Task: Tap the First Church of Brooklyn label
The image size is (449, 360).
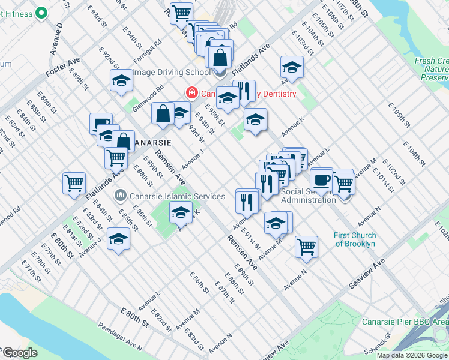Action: tap(355, 239)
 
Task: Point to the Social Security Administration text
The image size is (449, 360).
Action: tap(308, 196)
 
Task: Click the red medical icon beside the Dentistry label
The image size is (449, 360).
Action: tap(191, 93)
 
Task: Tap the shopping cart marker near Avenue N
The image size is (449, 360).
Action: tap(306, 246)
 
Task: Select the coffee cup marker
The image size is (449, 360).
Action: tap(322, 179)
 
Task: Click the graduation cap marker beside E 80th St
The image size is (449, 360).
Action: tap(118, 240)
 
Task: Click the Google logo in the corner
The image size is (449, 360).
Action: tap(20, 353)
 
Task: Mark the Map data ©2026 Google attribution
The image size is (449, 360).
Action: tap(412, 355)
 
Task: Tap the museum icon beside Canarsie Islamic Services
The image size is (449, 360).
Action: tap(120, 196)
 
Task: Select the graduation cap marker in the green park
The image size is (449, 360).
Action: tap(181, 212)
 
